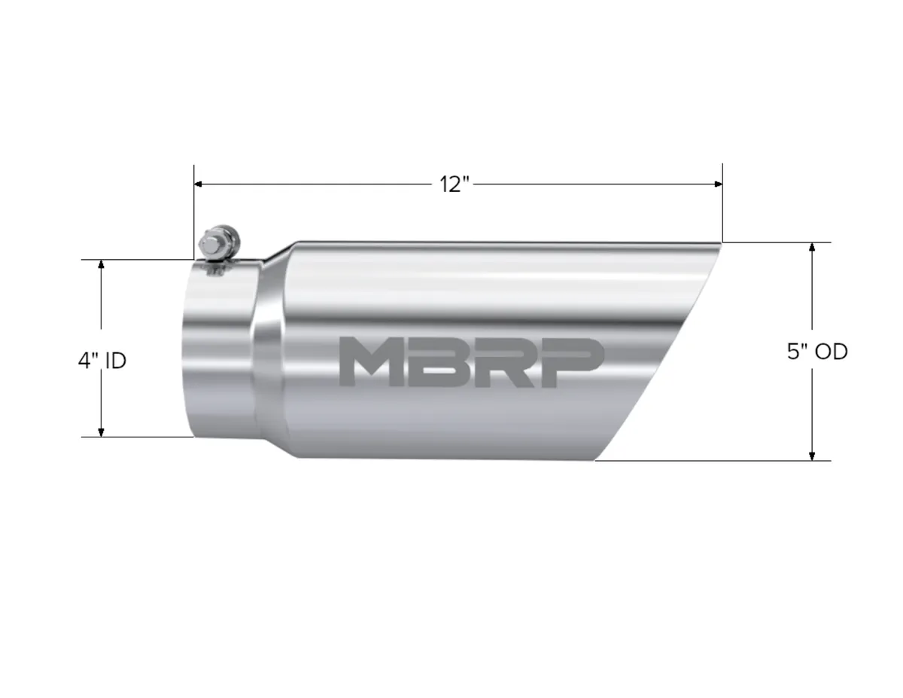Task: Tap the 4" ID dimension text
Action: [x=102, y=361]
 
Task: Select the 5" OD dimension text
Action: [x=817, y=352]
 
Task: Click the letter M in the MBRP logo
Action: [x=367, y=362]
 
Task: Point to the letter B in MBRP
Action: [x=433, y=362]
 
